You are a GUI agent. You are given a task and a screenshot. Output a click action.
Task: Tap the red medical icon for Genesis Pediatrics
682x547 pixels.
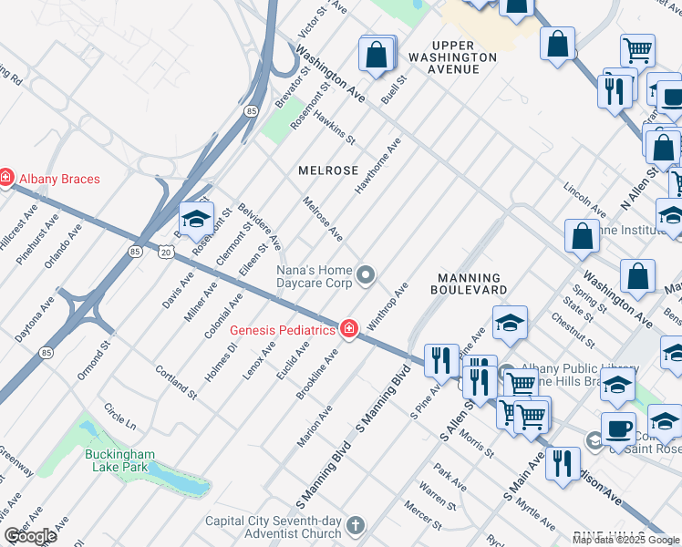coord(348,329)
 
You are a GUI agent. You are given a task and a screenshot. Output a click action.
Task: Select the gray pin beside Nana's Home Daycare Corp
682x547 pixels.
coord(366,274)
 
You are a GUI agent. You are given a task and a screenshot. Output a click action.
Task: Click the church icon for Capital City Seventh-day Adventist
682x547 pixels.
coord(356,526)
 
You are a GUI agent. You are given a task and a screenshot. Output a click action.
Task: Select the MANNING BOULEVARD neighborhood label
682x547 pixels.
coord(471,284)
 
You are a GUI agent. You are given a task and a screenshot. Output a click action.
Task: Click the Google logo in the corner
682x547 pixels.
coord(30,537)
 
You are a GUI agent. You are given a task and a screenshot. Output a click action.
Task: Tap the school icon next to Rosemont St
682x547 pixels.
coord(196,220)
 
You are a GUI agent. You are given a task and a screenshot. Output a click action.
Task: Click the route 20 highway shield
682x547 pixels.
coord(164,251)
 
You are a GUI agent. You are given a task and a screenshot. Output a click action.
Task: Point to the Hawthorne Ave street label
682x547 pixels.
coord(378,165)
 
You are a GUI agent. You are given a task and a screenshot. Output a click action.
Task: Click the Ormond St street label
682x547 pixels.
coord(92,358)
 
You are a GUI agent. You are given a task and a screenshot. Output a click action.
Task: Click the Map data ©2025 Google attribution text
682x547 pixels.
coord(625,540)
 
